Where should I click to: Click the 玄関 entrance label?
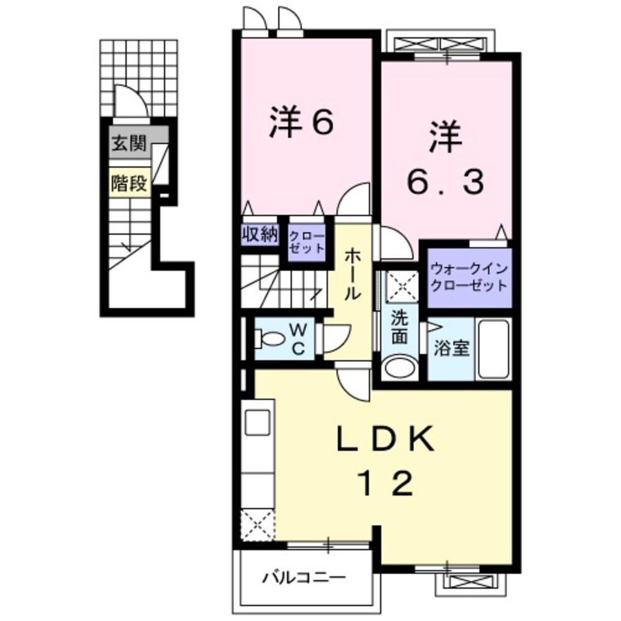(129, 145)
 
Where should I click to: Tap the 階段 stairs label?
(129, 183)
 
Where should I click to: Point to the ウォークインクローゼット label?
(469, 278)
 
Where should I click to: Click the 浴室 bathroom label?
(451, 349)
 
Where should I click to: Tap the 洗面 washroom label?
(399, 328)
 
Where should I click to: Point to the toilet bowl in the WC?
(270, 340)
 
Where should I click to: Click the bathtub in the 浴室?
(493, 349)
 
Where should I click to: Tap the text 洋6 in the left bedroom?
(302, 123)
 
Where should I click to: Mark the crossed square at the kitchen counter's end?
(257, 523)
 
